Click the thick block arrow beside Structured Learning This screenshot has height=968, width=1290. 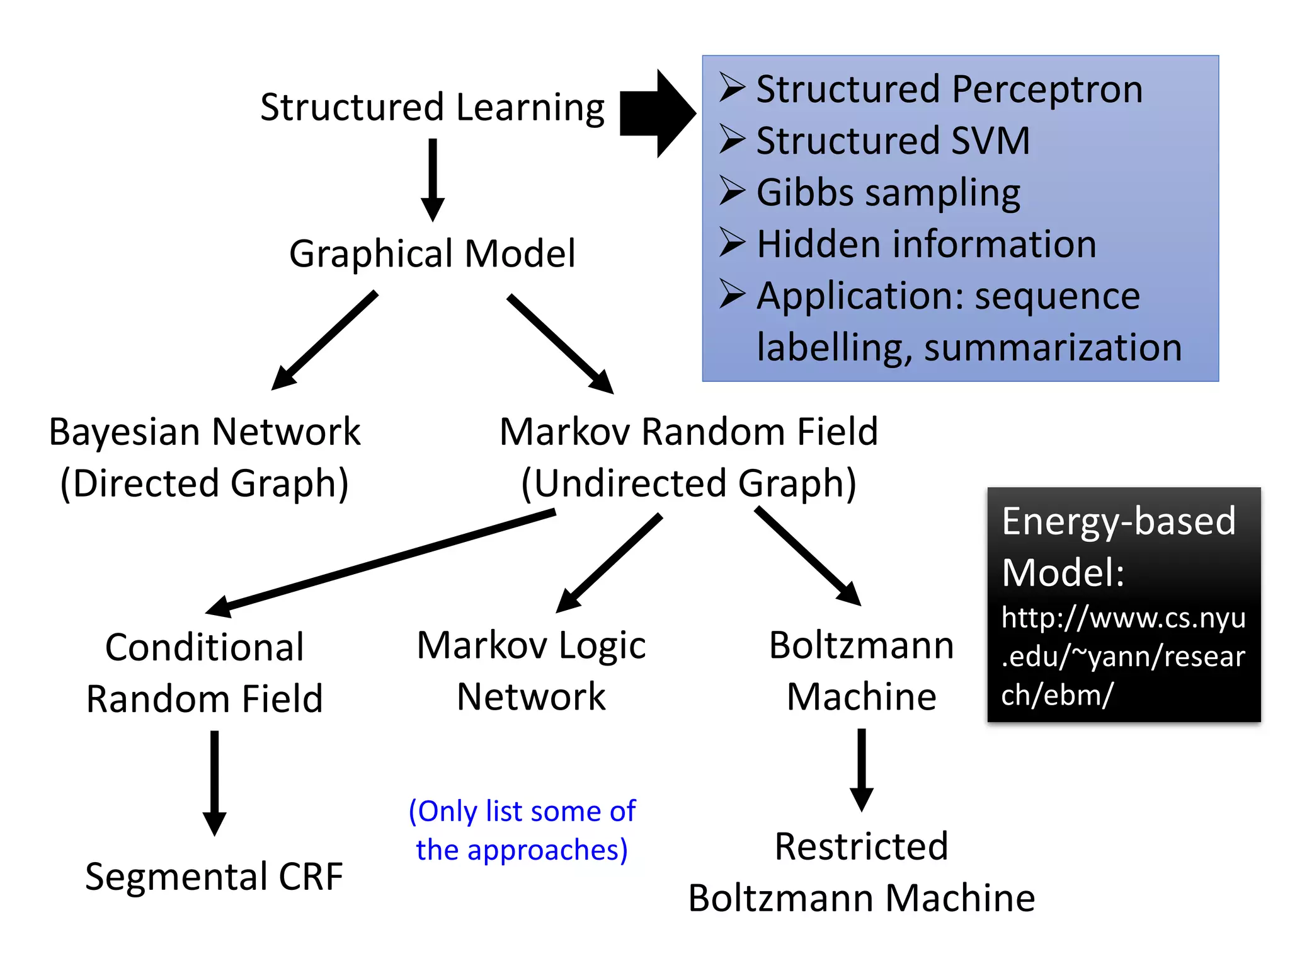pos(655,113)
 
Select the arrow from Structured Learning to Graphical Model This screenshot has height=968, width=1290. pos(433,180)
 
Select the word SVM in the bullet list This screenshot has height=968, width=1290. pos(990,141)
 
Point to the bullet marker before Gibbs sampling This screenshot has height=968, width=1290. pos(733,191)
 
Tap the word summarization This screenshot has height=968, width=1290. pos(1053,347)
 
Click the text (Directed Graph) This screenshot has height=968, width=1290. pos(205,484)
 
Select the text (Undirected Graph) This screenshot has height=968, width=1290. pos(689,484)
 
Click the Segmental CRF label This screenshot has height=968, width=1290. pos(214,876)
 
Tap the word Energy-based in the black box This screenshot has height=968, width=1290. pos(1119,521)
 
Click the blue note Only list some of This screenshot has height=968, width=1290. pos(522,811)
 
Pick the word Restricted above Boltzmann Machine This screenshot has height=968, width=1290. pos(861,846)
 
